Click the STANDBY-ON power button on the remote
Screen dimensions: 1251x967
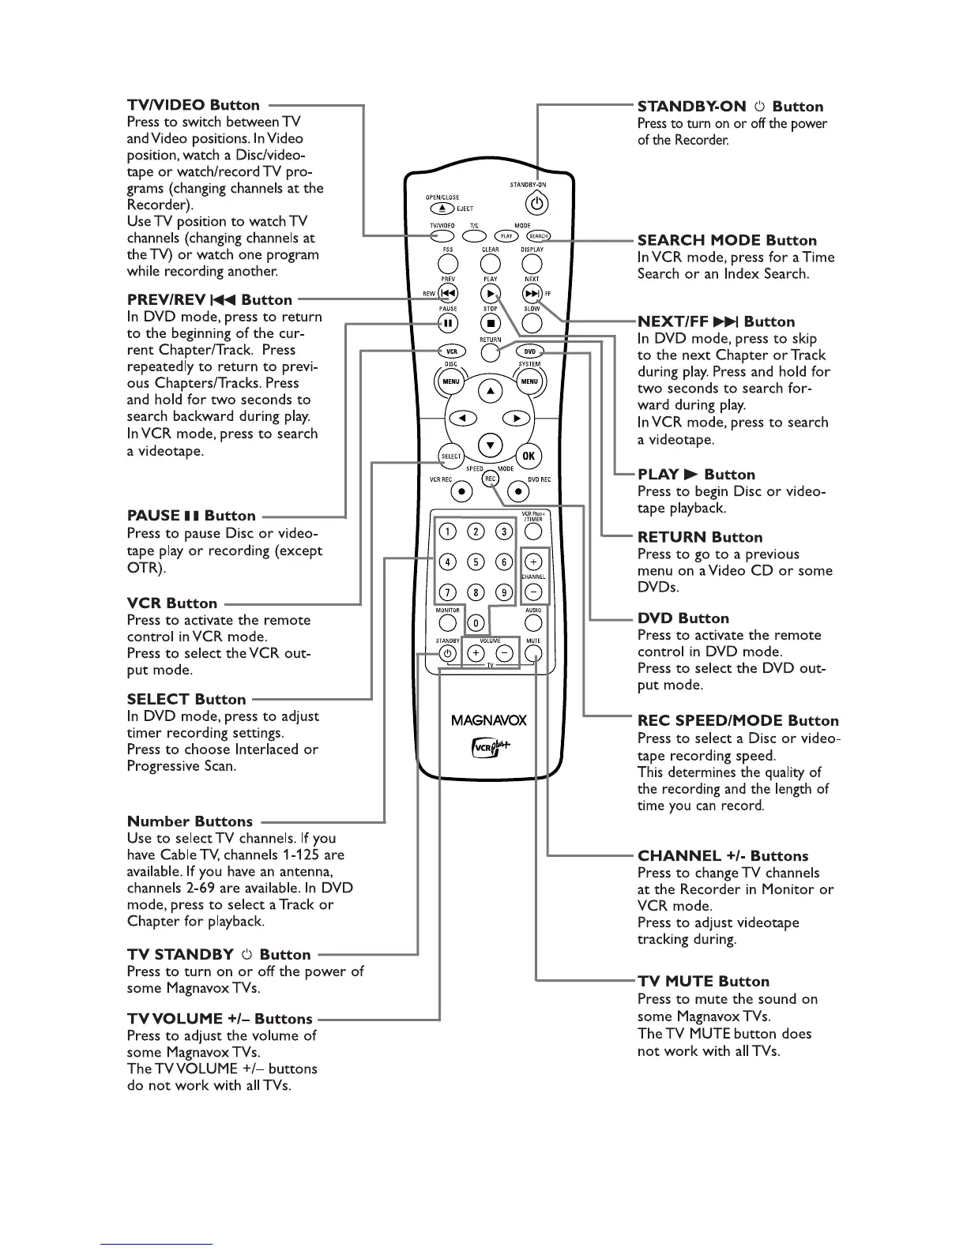(x=537, y=204)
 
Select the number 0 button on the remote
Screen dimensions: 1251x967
(x=491, y=623)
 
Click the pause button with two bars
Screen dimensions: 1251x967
(x=448, y=322)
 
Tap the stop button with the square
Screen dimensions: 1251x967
(x=491, y=322)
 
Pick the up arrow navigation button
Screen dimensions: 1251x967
(x=491, y=391)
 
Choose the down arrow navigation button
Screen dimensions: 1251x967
(x=491, y=445)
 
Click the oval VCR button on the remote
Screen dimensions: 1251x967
(x=452, y=351)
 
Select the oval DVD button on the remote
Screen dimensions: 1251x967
(x=529, y=351)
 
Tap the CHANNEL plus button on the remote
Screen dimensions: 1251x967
(x=533, y=562)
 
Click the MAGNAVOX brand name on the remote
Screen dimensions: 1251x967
(x=488, y=719)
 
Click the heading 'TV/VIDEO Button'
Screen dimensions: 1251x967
(x=193, y=105)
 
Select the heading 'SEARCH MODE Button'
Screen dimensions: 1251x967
(x=727, y=240)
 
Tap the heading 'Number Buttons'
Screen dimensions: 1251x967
(x=190, y=821)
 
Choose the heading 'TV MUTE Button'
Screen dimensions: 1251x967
(x=703, y=981)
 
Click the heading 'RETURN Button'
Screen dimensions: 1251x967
(x=700, y=537)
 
